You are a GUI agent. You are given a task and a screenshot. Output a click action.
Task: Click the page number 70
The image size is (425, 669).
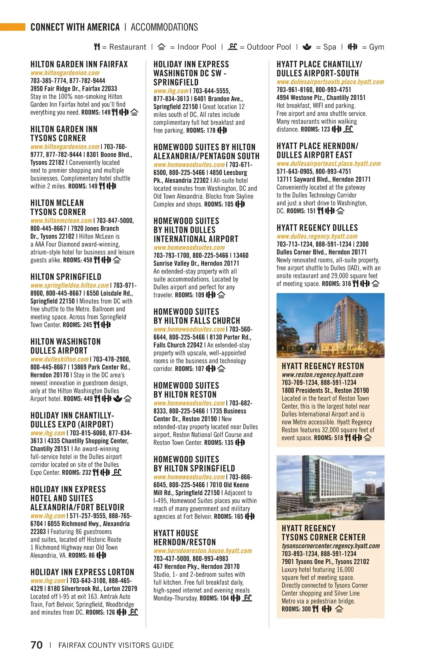36,645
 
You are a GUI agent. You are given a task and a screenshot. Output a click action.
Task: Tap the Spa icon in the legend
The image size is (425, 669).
307,47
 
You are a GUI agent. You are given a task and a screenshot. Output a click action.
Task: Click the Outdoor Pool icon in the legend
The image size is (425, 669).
232,47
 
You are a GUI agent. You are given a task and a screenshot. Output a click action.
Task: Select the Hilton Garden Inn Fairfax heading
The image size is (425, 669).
79,64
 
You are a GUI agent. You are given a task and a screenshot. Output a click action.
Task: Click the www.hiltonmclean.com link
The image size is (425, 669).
61,221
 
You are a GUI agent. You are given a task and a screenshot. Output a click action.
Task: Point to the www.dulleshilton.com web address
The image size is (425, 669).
59,359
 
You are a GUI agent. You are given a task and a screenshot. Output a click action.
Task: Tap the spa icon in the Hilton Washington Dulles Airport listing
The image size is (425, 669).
118,399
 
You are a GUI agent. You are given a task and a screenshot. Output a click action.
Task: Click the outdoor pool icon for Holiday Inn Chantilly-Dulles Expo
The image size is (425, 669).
117,472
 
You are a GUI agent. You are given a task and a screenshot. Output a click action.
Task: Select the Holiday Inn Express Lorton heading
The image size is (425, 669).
82,572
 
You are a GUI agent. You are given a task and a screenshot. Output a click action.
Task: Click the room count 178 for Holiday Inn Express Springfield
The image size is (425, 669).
211,131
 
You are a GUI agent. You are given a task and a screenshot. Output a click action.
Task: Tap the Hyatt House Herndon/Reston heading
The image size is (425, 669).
185,538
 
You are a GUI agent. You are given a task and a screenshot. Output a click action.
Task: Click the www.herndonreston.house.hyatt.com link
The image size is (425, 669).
203,551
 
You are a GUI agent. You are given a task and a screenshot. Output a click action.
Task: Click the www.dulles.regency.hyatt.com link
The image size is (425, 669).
317,237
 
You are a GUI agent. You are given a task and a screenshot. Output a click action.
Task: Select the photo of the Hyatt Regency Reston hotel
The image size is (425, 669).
330,325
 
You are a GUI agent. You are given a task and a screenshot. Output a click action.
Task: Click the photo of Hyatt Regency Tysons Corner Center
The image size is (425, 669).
330,487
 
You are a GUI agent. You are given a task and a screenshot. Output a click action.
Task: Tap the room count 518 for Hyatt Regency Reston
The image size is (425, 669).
339,438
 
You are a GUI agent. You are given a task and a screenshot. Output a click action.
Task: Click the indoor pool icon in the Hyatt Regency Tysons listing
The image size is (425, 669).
339,609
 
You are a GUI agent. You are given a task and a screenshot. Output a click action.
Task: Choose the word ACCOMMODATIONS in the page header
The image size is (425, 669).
164,27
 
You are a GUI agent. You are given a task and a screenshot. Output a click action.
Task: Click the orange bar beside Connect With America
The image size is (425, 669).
13,27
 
